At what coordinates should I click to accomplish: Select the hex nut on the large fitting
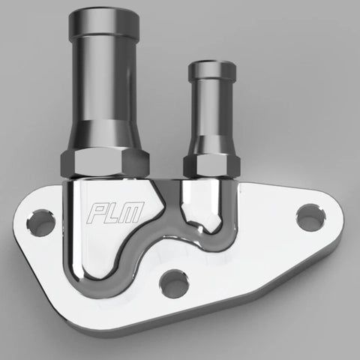click(111, 158)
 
